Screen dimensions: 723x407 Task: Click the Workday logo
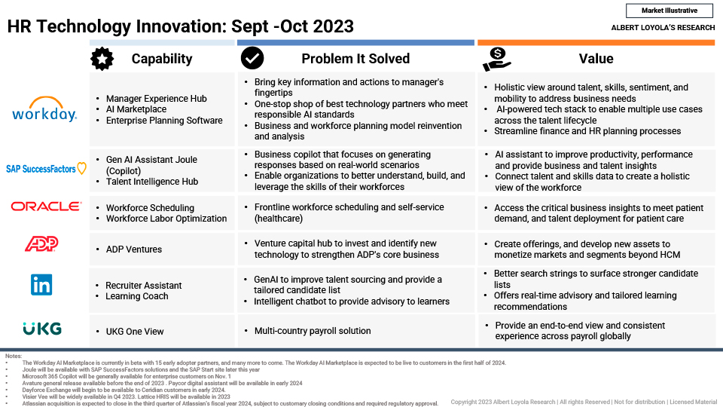pyautogui.click(x=44, y=109)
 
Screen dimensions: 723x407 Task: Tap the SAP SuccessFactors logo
pyautogui.click(x=46, y=168)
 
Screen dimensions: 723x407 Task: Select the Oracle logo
pyautogui.click(x=46, y=207)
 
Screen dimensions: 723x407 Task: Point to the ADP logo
pyautogui.click(x=41, y=243)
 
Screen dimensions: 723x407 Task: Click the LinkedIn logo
pyautogui.click(x=41, y=285)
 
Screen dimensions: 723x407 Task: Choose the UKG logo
pyautogui.click(x=42, y=329)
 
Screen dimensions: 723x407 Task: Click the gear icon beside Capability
pyautogui.click(x=102, y=59)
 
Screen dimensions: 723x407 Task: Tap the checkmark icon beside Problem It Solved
pyautogui.click(x=252, y=58)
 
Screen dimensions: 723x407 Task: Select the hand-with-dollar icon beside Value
pyautogui.click(x=496, y=59)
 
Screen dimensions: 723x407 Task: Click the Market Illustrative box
pyautogui.click(x=670, y=11)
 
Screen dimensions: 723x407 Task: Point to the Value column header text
pyautogui.click(x=596, y=59)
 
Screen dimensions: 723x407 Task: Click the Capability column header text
pyautogui.click(x=162, y=59)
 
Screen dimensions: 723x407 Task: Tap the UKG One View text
pyautogui.click(x=135, y=332)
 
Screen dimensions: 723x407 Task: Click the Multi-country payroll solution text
pyautogui.click(x=313, y=331)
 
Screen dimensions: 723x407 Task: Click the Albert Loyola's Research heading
pyautogui.click(x=663, y=28)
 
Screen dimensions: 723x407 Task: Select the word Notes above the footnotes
pyautogui.click(x=14, y=356)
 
